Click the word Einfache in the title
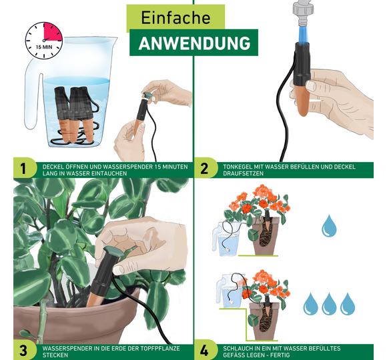click(x=175, y=18)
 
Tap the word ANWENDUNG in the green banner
click(x=194, y=43)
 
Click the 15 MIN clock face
click(x=44, y=41)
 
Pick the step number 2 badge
click(x=205, y=169)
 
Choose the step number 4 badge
click(x=205, y=350)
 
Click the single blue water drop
click(x=329, y=226)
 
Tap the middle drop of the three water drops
click(x=329, y=304)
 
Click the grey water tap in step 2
click(x=304, y=13)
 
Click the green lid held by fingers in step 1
click(x=147, y=94)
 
